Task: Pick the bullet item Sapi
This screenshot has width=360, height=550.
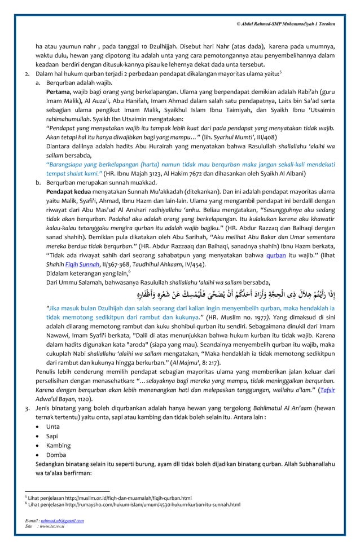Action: tap(52, 437)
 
